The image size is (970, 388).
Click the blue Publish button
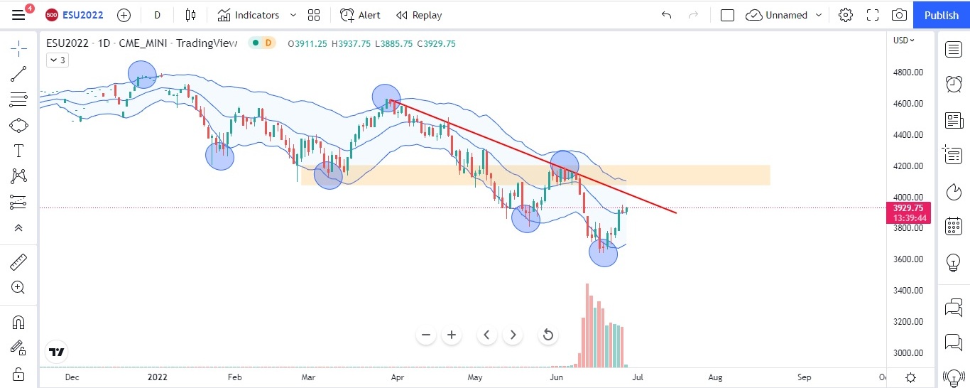point(941,15)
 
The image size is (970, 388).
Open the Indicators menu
point(248,15)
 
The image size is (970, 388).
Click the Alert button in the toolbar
point(360,15)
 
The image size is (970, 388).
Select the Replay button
point(419,15)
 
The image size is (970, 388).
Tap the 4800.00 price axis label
point(908,72)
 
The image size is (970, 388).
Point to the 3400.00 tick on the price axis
point(908,291)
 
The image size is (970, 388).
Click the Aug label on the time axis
point(715,377)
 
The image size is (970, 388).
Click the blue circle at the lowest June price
point(604,252)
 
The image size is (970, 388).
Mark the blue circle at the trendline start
point(386,98)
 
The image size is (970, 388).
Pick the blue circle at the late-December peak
point(142,74)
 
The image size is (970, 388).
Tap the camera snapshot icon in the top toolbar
point(899,15)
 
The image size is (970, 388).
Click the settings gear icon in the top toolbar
point(845,15)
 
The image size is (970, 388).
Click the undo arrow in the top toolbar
point(666,15)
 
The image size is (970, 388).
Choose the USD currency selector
point(903,41)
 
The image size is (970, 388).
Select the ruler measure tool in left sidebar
point(18,262)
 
